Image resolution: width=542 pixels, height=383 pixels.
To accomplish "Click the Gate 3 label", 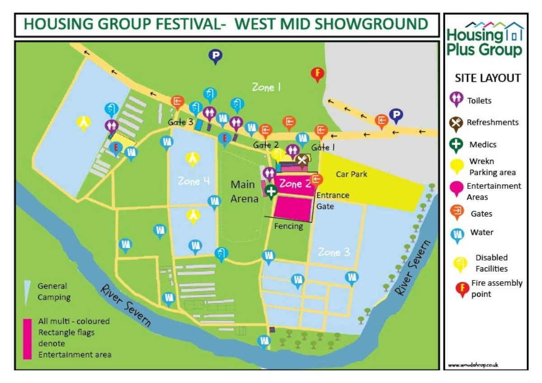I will [x=180, y=122].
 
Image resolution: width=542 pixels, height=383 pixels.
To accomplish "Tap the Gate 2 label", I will [x=265, y=145].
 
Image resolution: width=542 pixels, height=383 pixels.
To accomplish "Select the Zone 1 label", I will [x=266, y=87].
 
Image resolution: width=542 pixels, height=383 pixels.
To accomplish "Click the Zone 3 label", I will [x=334, y=252].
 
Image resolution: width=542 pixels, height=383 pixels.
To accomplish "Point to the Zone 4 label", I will [x=193, y=181].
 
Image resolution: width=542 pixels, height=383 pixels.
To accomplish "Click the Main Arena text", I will [x=245, y=191].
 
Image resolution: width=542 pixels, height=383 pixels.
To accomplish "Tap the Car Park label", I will [x=351, y=174].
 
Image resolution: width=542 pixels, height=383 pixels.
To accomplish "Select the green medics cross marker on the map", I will [x=271, y=191].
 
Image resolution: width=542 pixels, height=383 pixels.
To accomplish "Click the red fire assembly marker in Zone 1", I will [x=318, y=74].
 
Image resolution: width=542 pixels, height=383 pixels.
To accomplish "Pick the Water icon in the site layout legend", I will [x=458, y=234].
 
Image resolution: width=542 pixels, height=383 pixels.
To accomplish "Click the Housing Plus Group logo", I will [x=485, y=40].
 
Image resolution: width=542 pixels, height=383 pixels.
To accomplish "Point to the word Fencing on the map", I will [x=288, y=226].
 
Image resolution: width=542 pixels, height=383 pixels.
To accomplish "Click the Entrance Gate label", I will [x=332, y=201].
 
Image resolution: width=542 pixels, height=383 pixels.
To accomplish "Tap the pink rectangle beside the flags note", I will [x=28, y=339].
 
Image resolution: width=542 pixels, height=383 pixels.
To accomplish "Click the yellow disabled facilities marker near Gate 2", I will [x=278, y=154].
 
